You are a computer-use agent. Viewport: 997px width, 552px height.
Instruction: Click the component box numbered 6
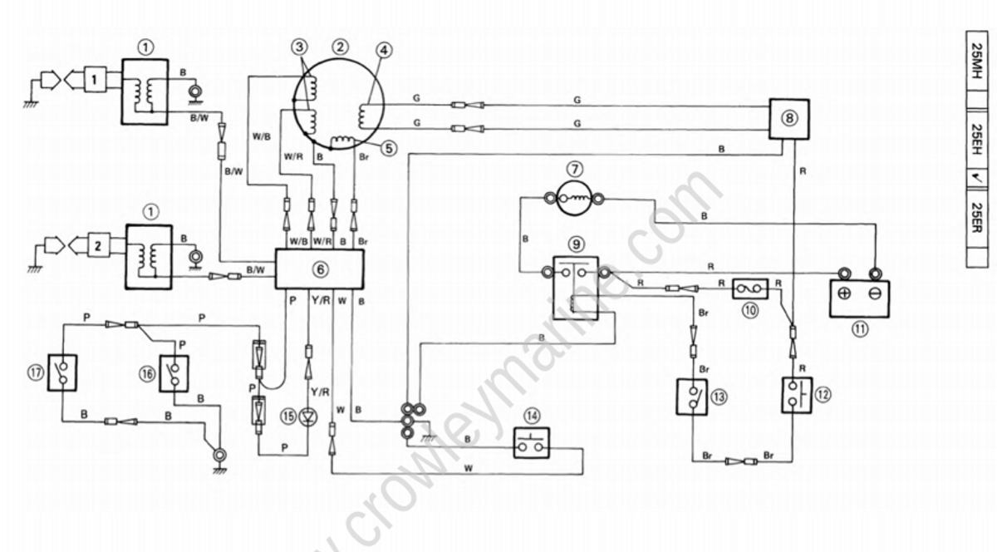pyautogui.click(x=320, y=269)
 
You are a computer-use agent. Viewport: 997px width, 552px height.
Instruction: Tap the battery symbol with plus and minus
pyautogui.click(x=859, y=298)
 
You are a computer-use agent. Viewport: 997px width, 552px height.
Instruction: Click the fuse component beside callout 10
pyautogui.click(x=750, y=289)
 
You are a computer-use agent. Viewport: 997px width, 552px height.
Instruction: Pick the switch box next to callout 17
pyautogui.click(x=63, y=372)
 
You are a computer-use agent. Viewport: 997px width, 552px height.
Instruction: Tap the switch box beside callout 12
pyautogui.click(x=795, y=394)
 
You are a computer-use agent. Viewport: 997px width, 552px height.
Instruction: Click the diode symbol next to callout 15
pyautogui.click(x=309, y=414)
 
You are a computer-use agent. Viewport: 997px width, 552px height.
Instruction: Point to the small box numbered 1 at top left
pyautogui.click(x=96, y=81)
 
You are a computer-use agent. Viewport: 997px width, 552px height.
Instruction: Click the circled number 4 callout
pyautogui.click(x=383, y=49)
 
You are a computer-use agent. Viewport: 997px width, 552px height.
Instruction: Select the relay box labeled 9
pyautogui.click(x=574, y=287)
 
